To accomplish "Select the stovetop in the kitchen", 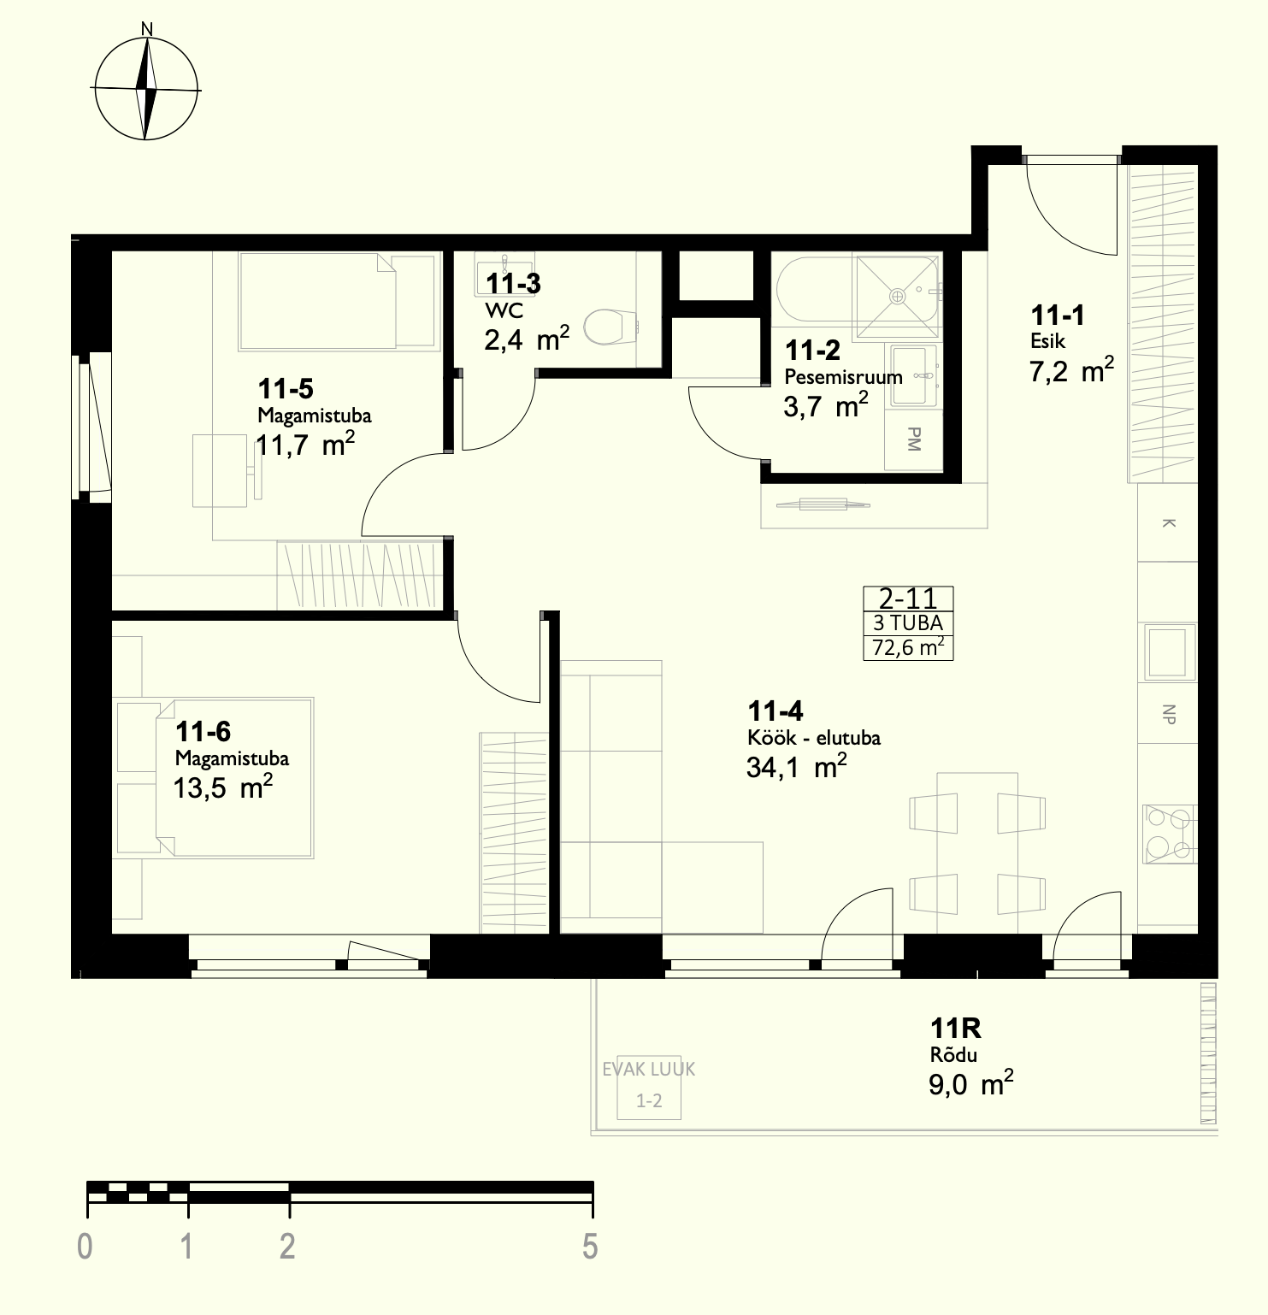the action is pos(1167,833).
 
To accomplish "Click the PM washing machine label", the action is pos(913,439).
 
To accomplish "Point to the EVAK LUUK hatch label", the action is pos(649,1069).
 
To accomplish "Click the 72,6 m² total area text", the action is pos(908,646).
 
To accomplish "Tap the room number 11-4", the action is pos(775,711).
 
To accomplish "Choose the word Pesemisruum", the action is pos(843,377).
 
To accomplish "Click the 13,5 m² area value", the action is pos(223,787).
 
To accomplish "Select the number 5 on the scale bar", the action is pos(590,1247).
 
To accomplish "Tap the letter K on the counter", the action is pos(1169,522).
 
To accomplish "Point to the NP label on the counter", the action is pos(1169,715).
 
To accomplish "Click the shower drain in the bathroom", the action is pos(897,296).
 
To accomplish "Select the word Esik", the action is pos(1047,341).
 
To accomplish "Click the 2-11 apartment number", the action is pos(908,598).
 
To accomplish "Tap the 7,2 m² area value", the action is pos(1071,371).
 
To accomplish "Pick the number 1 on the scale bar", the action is pos(186,1247).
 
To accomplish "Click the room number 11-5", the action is pos(286,389).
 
